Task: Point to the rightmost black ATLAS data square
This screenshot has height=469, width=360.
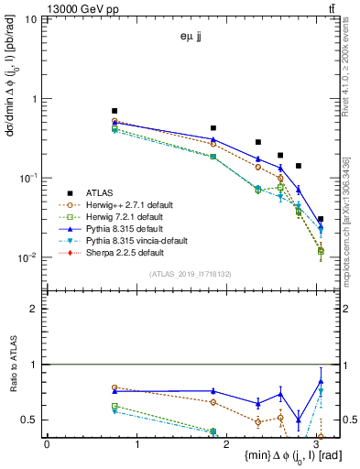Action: pos(320,219)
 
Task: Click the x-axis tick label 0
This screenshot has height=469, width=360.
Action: pos(47,443)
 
